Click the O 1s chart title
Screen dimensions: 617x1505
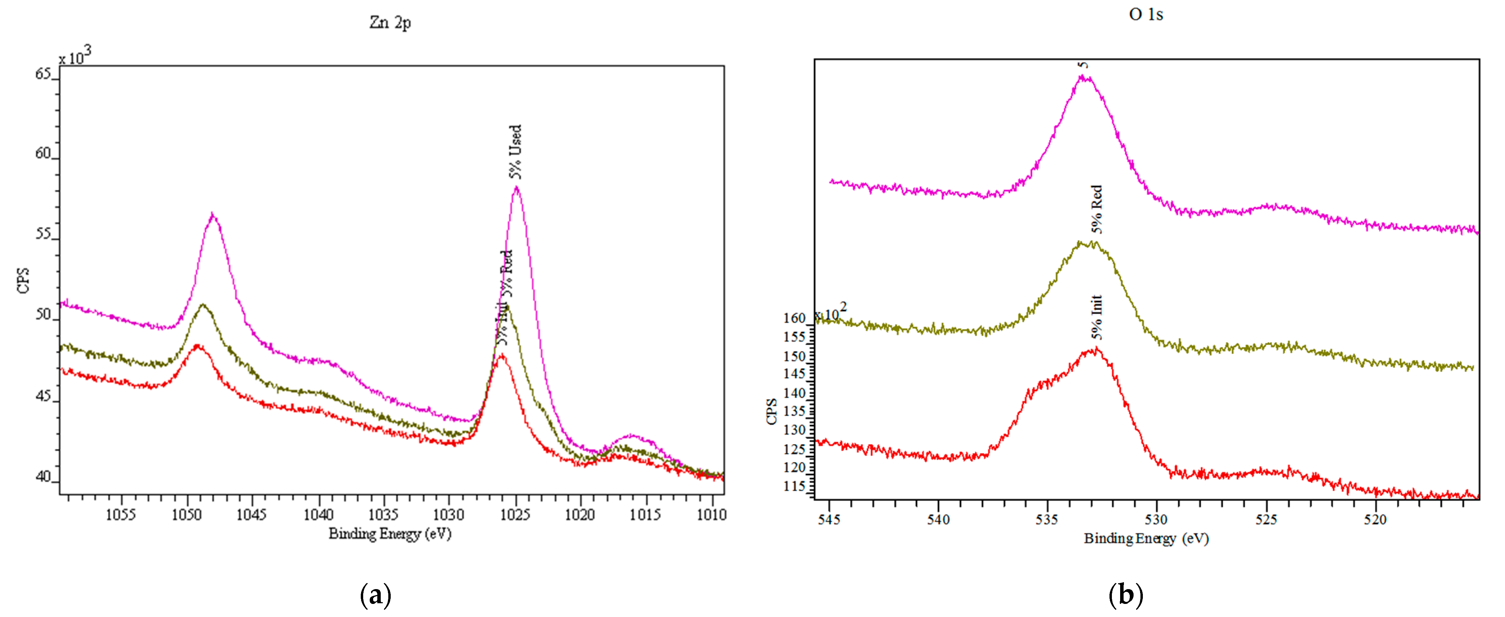point(1145,14)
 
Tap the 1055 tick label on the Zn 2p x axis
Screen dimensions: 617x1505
point(121,515)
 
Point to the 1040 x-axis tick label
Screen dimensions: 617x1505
point(318,515)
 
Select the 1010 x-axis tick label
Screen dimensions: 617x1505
point(712,515)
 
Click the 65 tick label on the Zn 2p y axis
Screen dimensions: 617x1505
point(43,74)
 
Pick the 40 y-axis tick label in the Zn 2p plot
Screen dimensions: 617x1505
point(43,477)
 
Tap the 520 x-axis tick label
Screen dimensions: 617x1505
point(1375,520)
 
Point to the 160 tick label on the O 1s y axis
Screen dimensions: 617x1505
point(794,318)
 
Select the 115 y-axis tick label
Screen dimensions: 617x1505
point(794,487)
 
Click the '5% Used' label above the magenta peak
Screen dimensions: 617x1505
point(515,151)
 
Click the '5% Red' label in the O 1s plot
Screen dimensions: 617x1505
point(1097,209)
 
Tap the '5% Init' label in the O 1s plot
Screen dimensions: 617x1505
point(1097,317)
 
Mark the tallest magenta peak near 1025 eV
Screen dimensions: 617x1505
point(516,188)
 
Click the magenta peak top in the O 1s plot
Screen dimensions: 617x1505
point(1084,76)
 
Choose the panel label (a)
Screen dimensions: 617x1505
point(376,595)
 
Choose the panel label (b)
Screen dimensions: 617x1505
point(1125,595)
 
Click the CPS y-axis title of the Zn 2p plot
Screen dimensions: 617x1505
point(23,281)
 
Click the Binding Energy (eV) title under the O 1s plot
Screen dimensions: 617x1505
point(1146,538)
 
